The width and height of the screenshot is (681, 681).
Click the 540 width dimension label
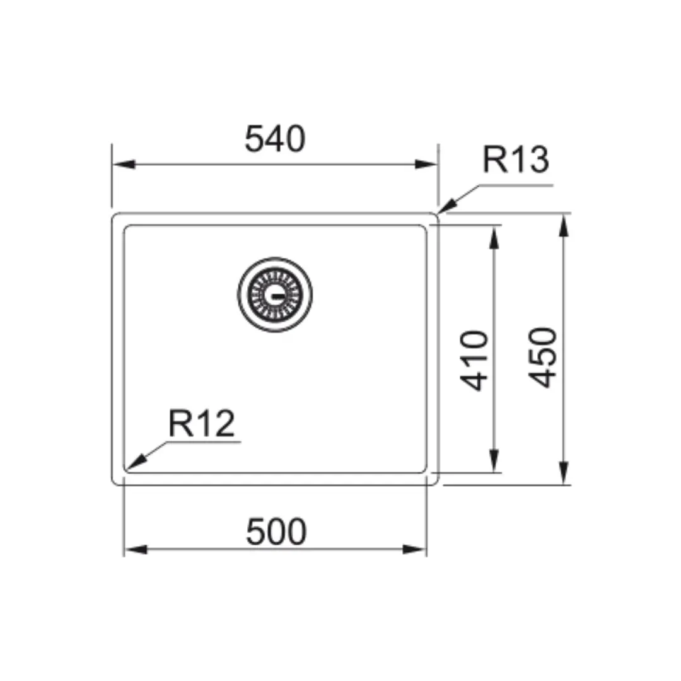coord(275,139)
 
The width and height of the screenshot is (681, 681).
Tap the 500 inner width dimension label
coord(276,532)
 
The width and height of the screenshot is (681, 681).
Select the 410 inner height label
coord(474,361)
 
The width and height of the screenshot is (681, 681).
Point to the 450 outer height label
coord(543,358)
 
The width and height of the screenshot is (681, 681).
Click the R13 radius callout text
coord(516,160)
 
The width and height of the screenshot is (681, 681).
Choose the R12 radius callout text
coord(202,423)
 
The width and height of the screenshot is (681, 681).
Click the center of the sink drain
coord(275,294)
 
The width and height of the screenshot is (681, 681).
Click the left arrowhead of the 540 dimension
coord(124,165)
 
